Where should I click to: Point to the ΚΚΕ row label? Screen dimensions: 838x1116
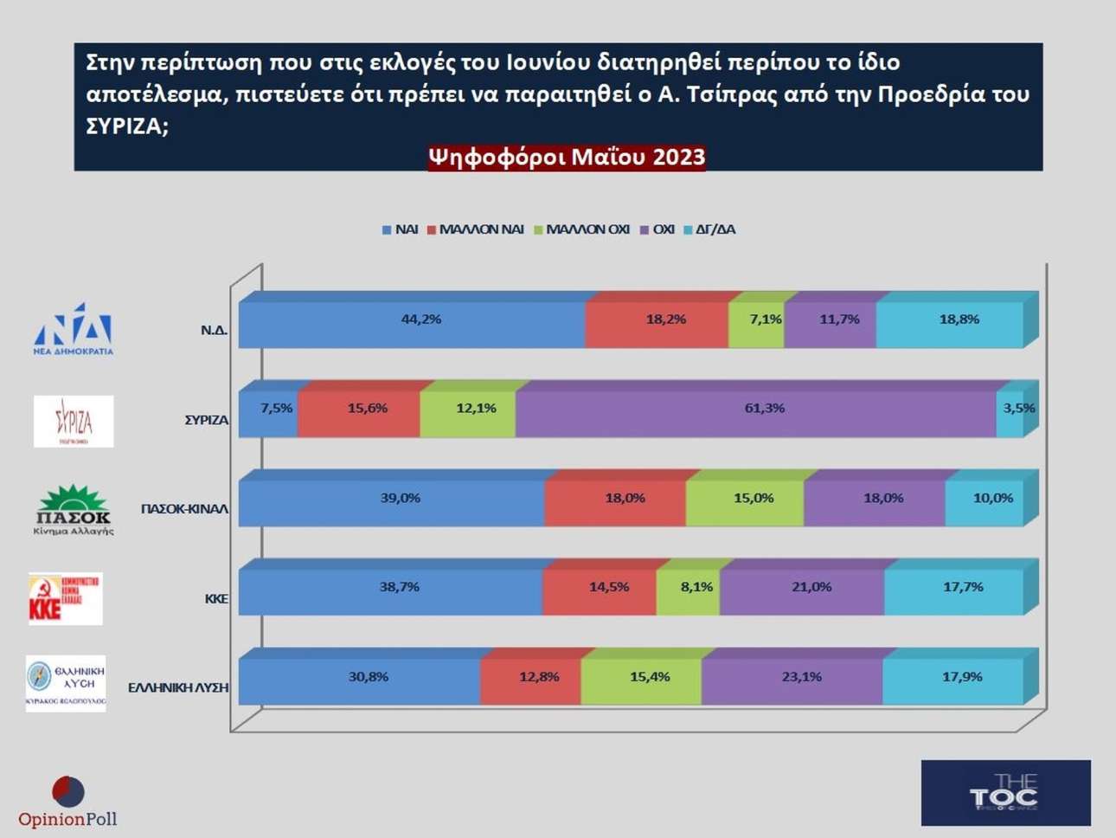click(216, 598)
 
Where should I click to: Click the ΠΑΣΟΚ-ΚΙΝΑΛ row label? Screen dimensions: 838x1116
click(184, 509)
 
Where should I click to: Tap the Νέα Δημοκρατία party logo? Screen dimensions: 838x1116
click(74, 329)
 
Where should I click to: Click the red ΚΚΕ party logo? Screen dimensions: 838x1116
click(65, 598)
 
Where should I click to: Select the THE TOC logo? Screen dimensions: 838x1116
click(1005, 793)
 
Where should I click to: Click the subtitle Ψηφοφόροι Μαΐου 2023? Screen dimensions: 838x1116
click(567, 158)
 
